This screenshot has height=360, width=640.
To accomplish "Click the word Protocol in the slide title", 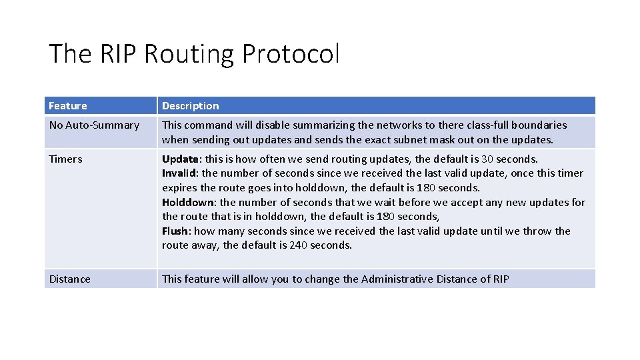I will click(x=291, y=54).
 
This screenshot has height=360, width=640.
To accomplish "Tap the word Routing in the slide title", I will click(x=190, y=54).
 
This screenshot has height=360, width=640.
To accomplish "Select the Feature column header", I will click(x=68, y=105).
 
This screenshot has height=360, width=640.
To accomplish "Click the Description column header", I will click(x=190, y=105).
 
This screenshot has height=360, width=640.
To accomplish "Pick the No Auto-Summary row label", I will click(x=94, y=125).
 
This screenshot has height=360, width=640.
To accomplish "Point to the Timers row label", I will click(x=65, y=159).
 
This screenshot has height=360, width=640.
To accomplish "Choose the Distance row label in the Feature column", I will click(x=69, y=279).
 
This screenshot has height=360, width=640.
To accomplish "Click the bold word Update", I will click(x=180, y=159).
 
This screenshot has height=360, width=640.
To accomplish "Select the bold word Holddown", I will click(x=187, y=202).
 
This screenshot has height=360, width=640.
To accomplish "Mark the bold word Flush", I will click(x=175, y=231).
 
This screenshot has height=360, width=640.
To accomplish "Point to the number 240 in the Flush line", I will click(x=297, y=245).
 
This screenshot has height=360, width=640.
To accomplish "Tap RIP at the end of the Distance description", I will click(x=501, y=279).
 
